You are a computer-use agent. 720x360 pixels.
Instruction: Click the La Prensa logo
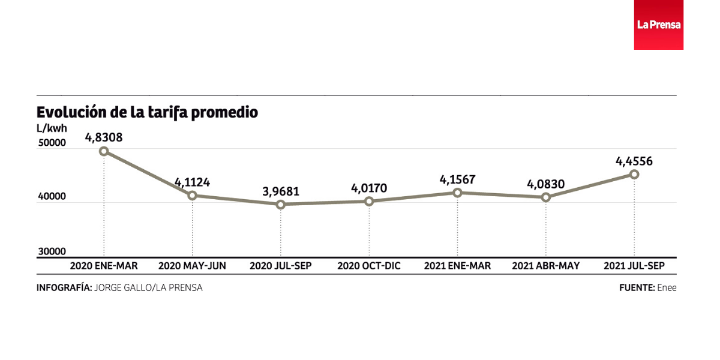(x=658, y=25)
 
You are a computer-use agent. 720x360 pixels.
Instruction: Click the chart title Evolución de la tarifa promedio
(x=147, y=112)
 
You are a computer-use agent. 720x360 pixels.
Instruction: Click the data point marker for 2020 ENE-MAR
(x=104, y=151)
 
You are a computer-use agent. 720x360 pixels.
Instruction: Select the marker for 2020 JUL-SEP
(x=280, y=205)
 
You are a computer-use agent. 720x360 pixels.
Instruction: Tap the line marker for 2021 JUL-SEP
(x=634, y=174)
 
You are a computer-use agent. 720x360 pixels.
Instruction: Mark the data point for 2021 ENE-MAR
(x=457, y=193)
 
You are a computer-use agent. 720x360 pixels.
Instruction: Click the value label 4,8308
(x=104, y=137)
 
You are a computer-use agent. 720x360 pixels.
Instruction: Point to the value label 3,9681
(x=280, y=192)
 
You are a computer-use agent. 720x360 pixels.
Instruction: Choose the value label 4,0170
(x=368, y=188)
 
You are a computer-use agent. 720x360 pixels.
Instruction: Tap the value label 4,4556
(x=634, y=161)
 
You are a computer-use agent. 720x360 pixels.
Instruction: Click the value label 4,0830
(x=545, y=184)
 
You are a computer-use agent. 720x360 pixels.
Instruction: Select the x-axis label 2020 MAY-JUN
(x=192, y=266)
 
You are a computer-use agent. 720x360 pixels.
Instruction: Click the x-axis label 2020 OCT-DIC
(x=368, y=266)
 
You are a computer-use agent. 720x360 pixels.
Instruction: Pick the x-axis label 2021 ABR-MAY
(x=545, y=266)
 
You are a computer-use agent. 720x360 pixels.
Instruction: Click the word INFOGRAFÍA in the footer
(x=64, y=287)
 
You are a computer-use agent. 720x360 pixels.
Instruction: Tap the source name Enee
(x=667, y=287)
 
